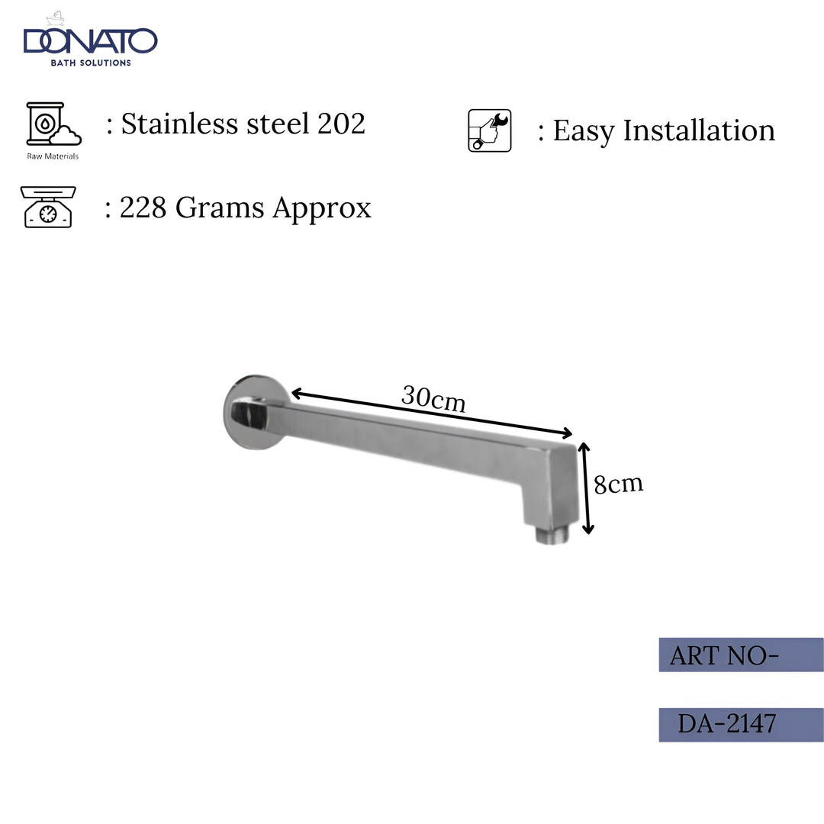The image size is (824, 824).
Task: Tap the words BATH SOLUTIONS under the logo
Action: point(90,63)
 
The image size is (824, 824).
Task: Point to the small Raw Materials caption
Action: point(52,156)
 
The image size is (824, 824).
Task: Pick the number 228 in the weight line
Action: point(143,208)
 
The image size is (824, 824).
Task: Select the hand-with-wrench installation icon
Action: point(490,130)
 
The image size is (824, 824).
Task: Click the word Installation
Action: point(699,130)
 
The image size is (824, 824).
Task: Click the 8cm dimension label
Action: point(618,484)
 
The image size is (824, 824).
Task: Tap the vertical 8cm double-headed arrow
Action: point(586,488)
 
